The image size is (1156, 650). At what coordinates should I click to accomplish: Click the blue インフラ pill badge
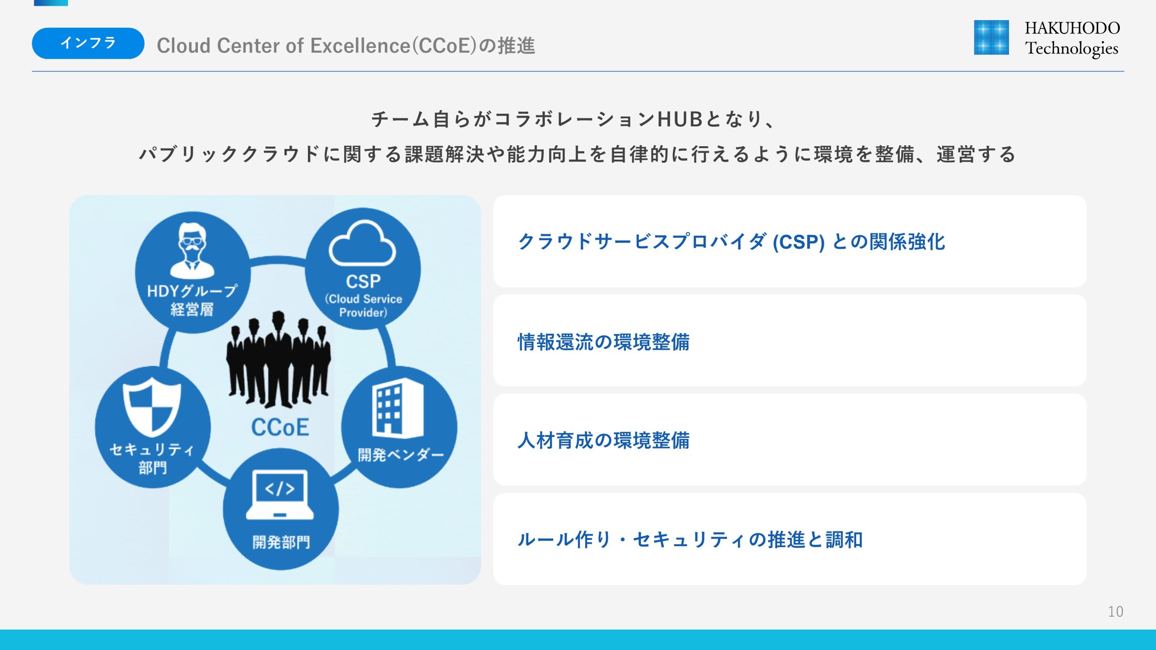coord(88,43)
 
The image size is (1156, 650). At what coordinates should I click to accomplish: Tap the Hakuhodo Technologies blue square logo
coord(991,37)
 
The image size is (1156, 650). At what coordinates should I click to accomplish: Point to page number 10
coord(1115,611)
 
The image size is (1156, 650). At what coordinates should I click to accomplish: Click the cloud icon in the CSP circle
coord(362,244)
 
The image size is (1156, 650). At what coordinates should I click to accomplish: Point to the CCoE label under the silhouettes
coord(280,427)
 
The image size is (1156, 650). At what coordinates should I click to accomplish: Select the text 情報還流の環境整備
coord(604,342)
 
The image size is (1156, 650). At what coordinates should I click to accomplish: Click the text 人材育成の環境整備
coord(604,441)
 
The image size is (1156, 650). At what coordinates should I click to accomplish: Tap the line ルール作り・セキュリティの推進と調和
coord(690,539)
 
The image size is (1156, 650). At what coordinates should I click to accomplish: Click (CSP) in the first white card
coord(799,242)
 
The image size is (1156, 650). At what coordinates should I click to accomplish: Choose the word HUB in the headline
coord(680,120)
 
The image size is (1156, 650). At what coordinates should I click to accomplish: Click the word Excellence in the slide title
coord(360,46)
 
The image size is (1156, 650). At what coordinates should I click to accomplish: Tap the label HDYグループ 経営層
coord(192,300)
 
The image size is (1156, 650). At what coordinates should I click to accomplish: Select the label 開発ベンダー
coord(401,455)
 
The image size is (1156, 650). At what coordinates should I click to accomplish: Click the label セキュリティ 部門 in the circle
coord(152,459)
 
